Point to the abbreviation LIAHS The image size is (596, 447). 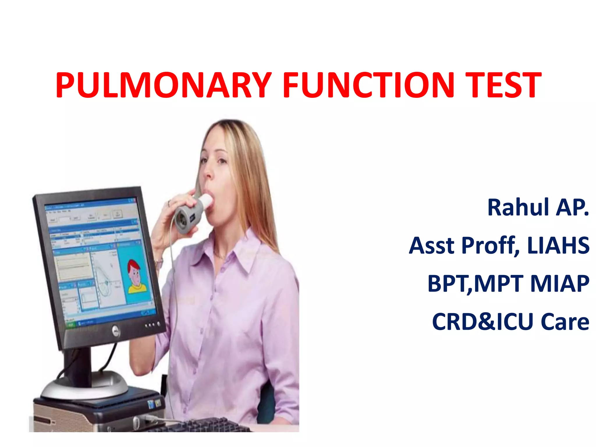tap(558, 246)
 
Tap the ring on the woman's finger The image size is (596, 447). tap(169, 203)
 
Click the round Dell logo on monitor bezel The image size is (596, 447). tap(116, 331)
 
